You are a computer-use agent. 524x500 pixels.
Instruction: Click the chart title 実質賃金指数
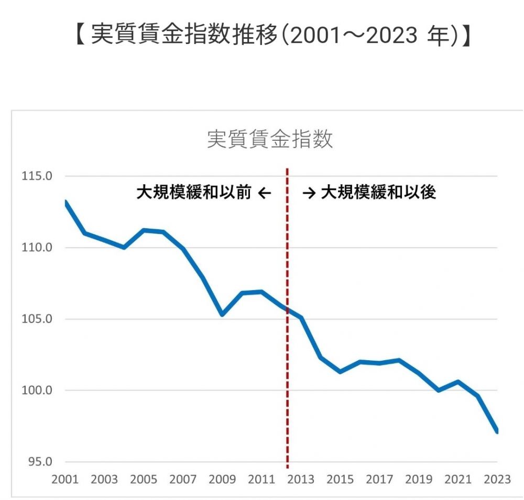[270, 140]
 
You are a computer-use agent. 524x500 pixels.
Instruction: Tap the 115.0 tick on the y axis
[36, 176]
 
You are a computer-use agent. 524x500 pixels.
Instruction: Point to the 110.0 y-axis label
[36, 247]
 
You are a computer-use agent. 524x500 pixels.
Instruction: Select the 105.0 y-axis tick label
[36, 319]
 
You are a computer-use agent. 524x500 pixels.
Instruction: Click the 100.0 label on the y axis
[36, 391]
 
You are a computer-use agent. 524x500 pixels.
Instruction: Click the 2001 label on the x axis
[65, 480]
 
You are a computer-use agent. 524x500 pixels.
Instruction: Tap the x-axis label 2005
[144, 480]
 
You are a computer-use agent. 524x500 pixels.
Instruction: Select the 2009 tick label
[222, 480]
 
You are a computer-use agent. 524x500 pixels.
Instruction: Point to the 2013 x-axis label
[301, 480]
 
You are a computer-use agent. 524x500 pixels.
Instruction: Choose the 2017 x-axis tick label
[379, 480]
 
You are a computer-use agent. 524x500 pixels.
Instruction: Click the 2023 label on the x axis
[497, 480]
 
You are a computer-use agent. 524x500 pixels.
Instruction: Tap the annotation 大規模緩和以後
[378, 193]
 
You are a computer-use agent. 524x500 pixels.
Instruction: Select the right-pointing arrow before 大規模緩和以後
[309, 193]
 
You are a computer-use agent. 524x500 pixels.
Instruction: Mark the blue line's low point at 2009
[222, 315]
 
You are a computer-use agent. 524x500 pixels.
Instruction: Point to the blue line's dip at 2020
[438, 390]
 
